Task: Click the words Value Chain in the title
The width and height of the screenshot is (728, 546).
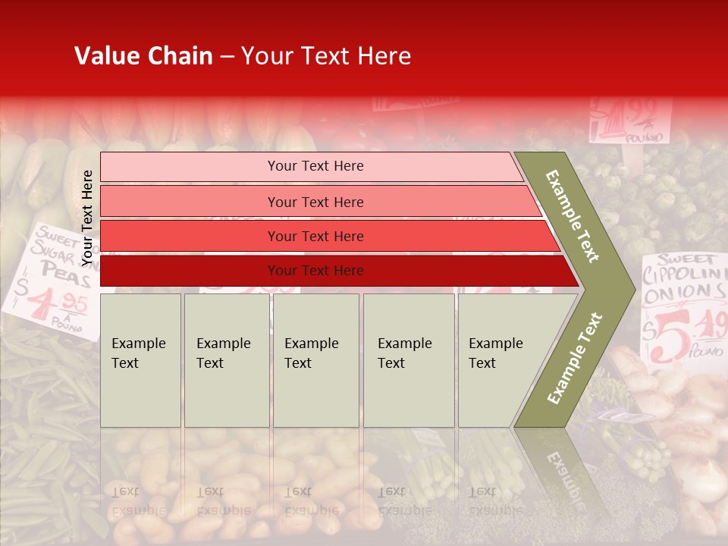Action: [143, 56]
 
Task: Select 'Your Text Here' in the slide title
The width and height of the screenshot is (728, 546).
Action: [326, 56]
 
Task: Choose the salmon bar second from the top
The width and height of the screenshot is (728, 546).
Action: [315, 202]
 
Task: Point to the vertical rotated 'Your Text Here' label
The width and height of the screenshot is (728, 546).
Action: [87, 218]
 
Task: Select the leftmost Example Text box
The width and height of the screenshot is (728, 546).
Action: [140, 359]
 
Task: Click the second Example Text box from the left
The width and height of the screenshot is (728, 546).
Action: [226, 359]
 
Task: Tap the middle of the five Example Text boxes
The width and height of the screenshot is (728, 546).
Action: [315, 359]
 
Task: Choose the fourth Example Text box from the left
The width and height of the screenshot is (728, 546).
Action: [408, 359]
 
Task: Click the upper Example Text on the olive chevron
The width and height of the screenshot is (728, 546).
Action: [573, 215]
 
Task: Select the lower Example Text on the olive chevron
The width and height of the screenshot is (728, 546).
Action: [575, 358]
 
